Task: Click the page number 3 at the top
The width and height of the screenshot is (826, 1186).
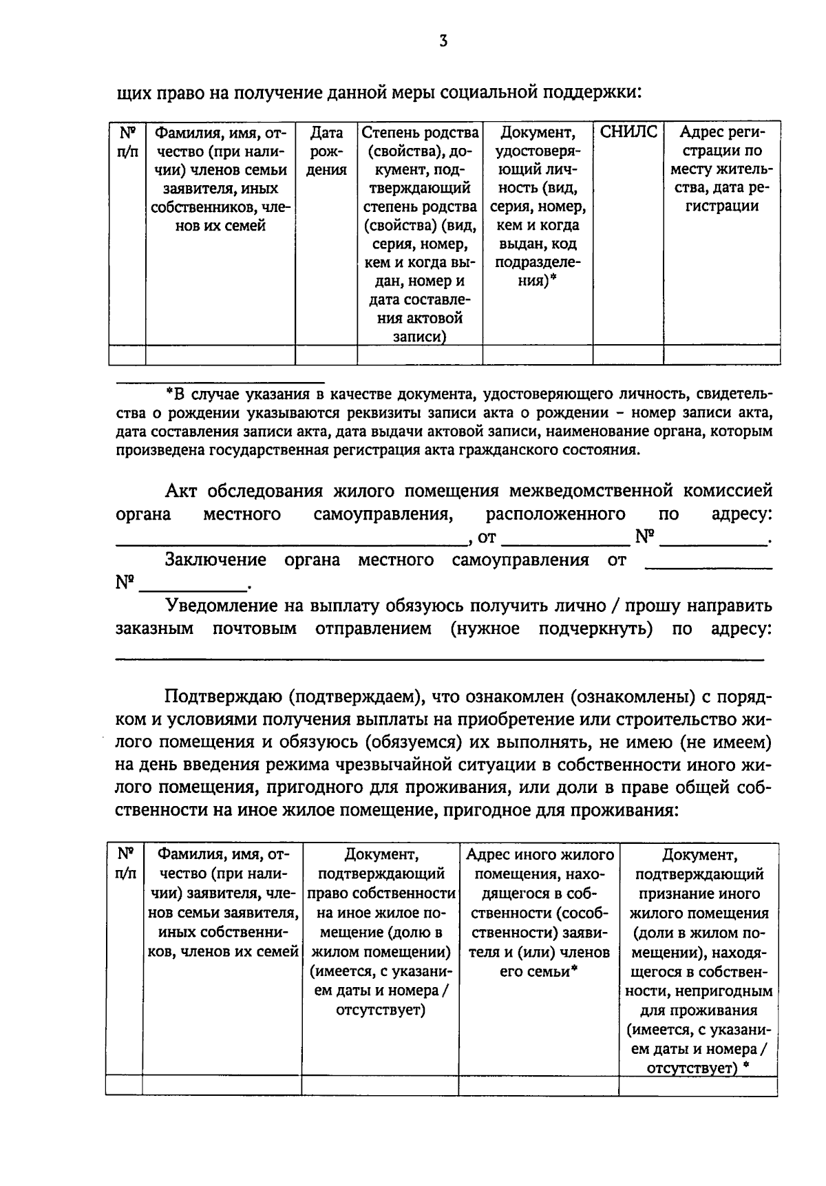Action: coord(443,41)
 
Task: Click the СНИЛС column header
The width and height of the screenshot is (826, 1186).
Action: coord(628,132)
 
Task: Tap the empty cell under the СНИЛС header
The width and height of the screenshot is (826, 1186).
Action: coord(628,355)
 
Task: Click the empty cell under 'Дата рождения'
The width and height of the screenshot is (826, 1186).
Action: coord(326,355)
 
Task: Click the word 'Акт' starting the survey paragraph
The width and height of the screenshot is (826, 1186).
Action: coord(181,491)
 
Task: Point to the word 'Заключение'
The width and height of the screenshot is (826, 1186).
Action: coord(215,560)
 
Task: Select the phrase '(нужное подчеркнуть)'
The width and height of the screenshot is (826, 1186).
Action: coord(551,629)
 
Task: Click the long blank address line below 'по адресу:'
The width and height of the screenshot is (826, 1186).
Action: coord(439,659)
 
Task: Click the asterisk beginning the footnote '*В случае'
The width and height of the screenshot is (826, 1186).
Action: coord(169,393)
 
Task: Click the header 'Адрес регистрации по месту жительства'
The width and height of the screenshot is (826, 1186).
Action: coord(721,169)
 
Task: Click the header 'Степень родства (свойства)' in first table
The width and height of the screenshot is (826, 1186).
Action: coord(420,141)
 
